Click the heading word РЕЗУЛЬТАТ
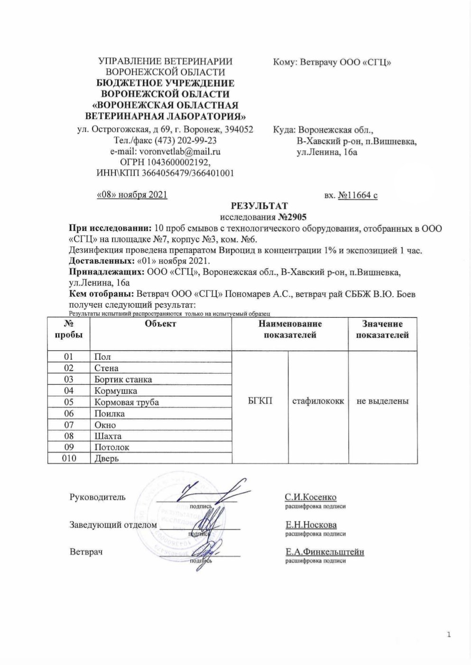[259, 206]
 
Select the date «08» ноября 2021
[132, 195]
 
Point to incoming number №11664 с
[357, 195]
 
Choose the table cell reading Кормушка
[116, 391]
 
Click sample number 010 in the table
[69, 458]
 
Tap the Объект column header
[160, 324]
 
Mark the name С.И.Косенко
[310, 497]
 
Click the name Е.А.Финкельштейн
[324, 552]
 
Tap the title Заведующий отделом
[113, 525]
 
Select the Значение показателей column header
[382, 329]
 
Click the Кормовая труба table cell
[127, 402]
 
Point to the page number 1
[448, 635]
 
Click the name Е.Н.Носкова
[311, 525]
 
